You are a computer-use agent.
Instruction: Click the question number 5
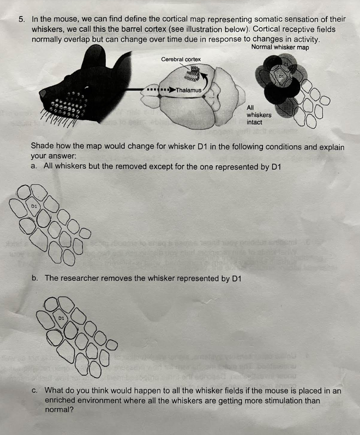click(22, 20)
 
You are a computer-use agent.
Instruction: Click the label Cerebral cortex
click(181, 59)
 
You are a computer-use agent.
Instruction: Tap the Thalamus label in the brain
click(188, 90)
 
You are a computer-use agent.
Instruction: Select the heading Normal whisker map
click(280, 47)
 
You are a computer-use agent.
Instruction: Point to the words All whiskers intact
click(259, 115)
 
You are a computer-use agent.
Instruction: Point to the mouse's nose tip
click(43, 95)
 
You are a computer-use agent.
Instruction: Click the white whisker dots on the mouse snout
click(68, 104)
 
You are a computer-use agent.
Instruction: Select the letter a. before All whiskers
click(34, 167)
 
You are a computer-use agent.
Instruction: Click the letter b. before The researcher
click(34, 278)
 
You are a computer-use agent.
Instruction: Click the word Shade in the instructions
click(41, 147)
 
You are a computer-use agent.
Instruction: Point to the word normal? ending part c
click(59, 410)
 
